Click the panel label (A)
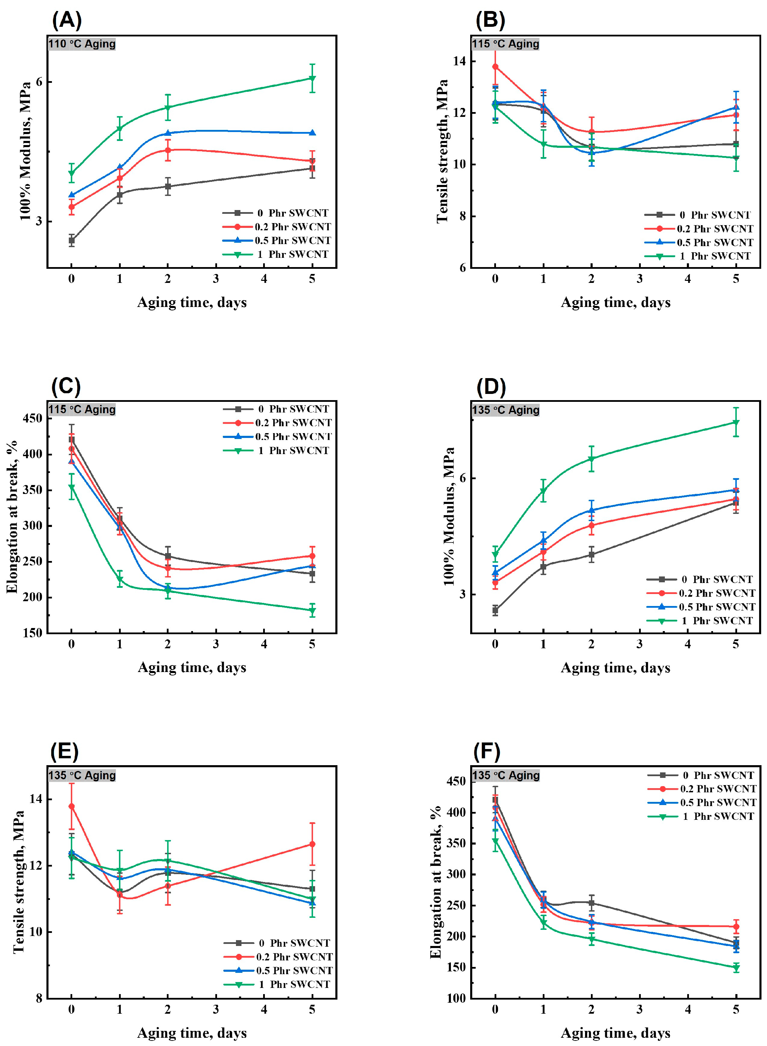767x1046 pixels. [x=67, y=20]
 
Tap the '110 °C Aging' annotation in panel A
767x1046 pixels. [x=82, y=44]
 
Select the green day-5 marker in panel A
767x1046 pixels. [x=312, y=78]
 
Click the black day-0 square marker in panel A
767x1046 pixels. [x=72, y=240]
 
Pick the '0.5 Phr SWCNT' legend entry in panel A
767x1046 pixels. [x=292, y=240]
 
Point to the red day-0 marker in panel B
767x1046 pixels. [x=495, y=67]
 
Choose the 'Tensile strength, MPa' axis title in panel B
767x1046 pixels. [x=442, y=151]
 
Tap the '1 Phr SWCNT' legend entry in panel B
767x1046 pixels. [x=715, y=256]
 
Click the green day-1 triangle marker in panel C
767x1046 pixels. [x=120, y=580]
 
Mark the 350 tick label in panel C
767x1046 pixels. [x=32, y=490]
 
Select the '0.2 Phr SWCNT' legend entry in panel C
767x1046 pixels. [x=293, y=423]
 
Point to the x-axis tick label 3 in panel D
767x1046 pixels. [x=639, y=644]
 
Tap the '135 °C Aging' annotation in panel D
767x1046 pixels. [x=506, y=410]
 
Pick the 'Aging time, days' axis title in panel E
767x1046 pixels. [x=192, y=1033]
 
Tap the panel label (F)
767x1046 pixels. [x=487, y=751]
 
